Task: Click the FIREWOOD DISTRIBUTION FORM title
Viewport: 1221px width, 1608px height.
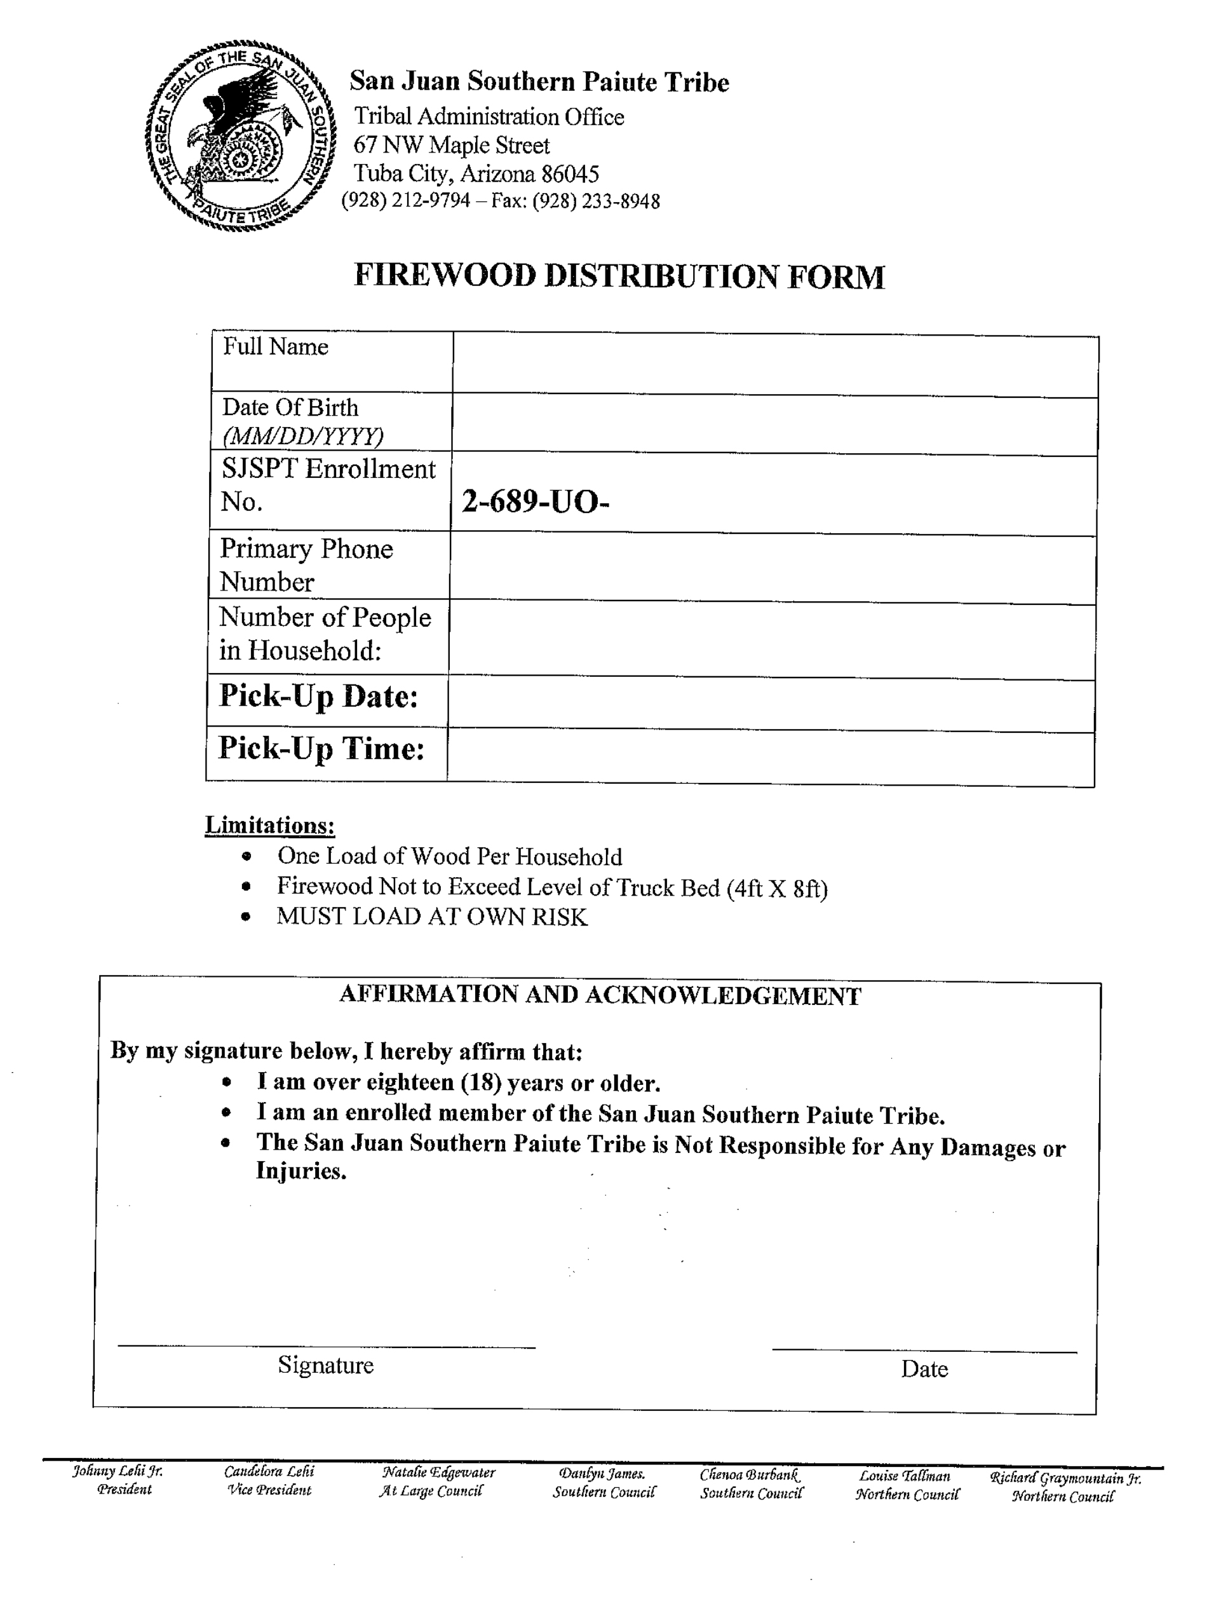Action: tap(619, 276)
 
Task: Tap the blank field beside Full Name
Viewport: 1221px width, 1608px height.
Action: tap(775, 365)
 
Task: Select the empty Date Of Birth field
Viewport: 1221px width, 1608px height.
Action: tap(775, 425)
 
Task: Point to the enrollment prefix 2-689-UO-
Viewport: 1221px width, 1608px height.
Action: tap(534, 501)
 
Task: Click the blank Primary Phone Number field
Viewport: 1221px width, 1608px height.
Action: tap(772, 569)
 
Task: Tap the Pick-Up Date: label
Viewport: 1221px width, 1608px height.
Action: tap(318, 697)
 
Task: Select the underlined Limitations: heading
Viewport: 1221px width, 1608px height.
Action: tap(269, 825)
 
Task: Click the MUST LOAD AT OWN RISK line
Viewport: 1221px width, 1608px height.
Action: tap(432, 916)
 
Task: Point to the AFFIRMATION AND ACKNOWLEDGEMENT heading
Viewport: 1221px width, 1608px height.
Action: tap(600, 995)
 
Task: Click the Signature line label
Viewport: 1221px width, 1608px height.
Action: tap(326, 1365)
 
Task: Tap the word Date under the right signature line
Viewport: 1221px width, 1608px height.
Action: tap(924, 1370)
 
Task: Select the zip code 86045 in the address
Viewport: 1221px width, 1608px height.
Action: tap(570, 174)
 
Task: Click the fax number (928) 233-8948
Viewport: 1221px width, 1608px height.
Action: tap(596, 201)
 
